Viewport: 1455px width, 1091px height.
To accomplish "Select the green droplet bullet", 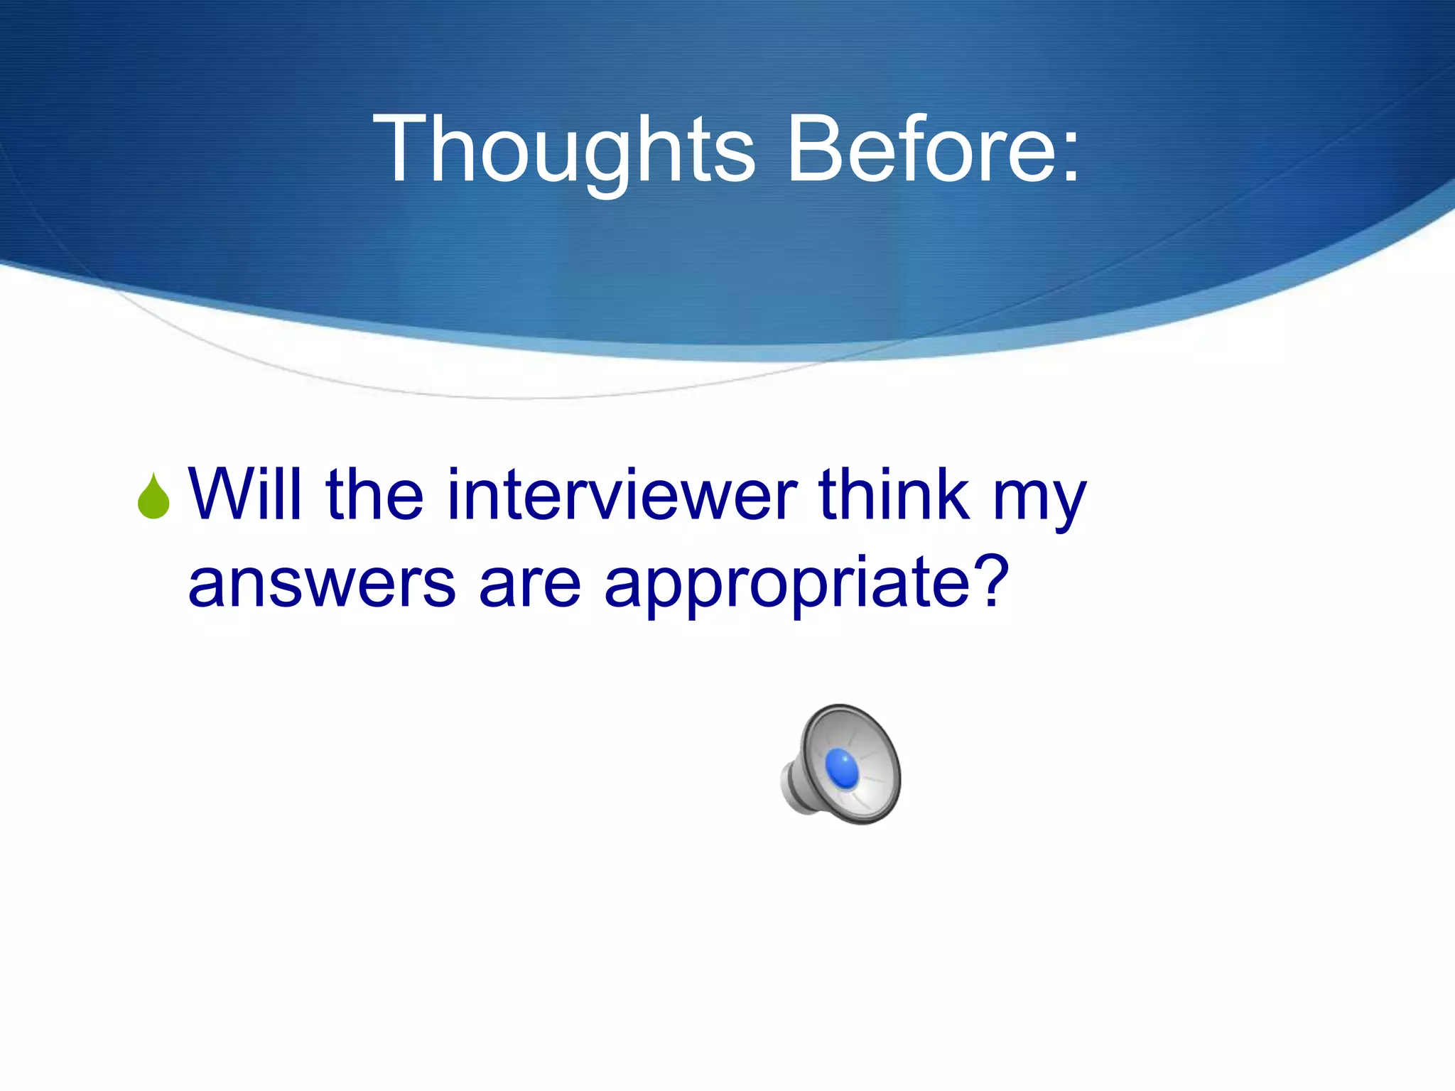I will pos(153,497).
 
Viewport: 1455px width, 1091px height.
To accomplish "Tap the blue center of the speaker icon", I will pos(843,769).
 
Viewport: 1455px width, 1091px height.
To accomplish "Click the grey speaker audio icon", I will pos(845,764).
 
